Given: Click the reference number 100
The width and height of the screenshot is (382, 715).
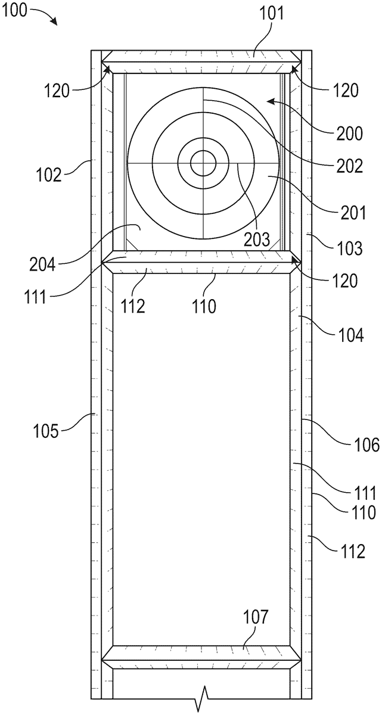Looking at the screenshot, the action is click(x=14, y=11).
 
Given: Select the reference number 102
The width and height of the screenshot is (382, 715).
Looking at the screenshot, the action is click(x=49, y=175).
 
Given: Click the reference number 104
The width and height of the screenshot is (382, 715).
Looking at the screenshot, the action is click(x=351, y=336).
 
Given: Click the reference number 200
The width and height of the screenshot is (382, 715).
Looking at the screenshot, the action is click(x=350, y=133).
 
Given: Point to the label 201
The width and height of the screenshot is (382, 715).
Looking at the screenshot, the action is click(x=353, y=213).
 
